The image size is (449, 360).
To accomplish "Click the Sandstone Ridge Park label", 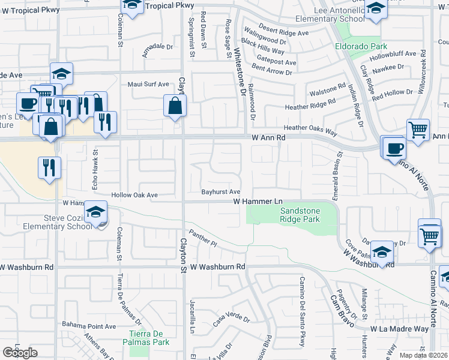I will click(x=301, y=215).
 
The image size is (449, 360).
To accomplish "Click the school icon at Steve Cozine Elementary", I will click(x=95, y=212).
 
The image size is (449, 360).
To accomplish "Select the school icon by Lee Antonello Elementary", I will click(x=376, y=10).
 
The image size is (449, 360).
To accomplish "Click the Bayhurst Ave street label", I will click(x=221, y=191).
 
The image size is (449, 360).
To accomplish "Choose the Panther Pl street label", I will click(x=202, y=240).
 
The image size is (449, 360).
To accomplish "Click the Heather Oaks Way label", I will click(x=310, y=128).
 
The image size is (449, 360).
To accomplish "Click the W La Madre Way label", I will click(x=399, y=329).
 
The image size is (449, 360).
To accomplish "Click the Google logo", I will click(x=20, y=353).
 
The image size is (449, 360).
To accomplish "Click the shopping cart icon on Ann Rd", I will click(x=418, y=130).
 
